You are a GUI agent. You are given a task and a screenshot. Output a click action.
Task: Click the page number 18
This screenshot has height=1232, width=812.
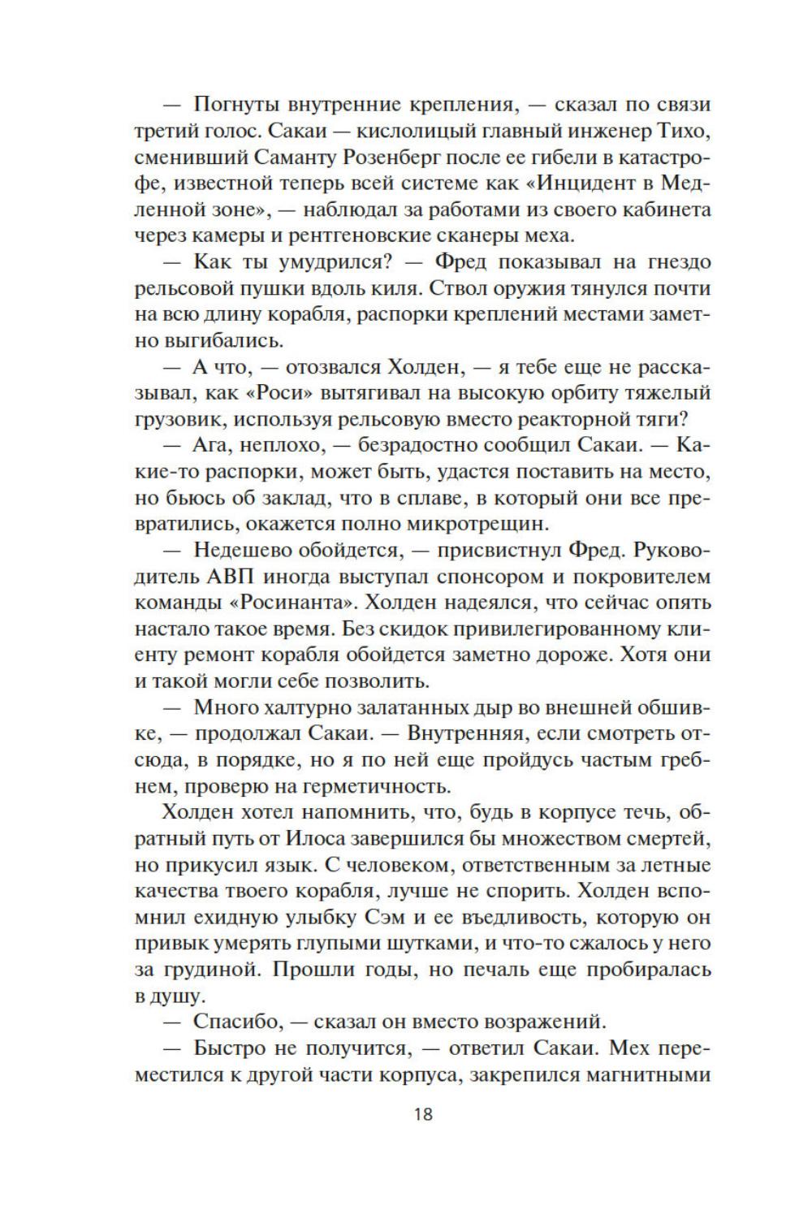tap(422, 1113)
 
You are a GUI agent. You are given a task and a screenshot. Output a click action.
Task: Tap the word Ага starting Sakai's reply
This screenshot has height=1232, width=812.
tap(213, 446)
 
